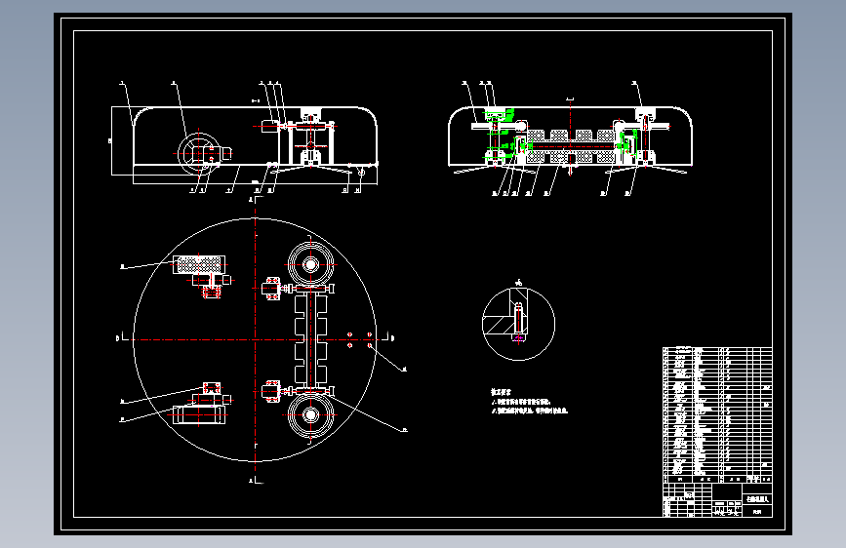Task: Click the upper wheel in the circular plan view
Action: pos(310,264)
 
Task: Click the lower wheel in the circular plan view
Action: pos(310,415)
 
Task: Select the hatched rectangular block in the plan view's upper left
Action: pos(198,264)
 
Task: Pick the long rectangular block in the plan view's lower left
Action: pos(200,414)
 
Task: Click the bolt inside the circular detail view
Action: pos(518,322)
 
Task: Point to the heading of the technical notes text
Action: pos(502,391)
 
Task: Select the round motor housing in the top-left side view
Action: pos(198,152)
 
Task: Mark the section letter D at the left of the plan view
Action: pos(117,338)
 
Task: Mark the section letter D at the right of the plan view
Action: pos(392,338)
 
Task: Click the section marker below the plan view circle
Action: pos(253,481)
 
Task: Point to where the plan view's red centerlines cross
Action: pos(254,339)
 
